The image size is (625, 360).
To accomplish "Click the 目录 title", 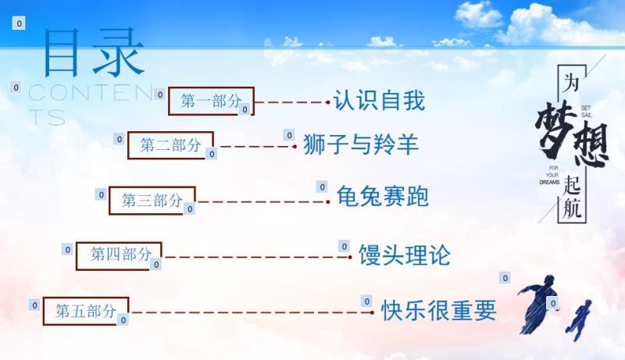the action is pyautogui.click(x=94, y=52).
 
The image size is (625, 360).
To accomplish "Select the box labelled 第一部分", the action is pyautogui.click(x=211, y=102).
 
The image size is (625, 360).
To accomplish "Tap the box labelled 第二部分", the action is pyautogui.click(x=170, y=145).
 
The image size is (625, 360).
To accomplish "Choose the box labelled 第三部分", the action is pyautogui.click(x=152, y=201).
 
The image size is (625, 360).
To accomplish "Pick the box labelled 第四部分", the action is pyautogui.click(x=120, y=255).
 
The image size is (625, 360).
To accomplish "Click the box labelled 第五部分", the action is pyautogui.click(x=86, y=311).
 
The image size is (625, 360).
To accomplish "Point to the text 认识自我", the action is pyautogui.click(x=379, y=100).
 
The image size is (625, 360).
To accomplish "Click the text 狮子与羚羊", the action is pyautogui.click(x=361, y=144).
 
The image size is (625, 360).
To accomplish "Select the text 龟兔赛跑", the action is pyautogui.click(x=383, y=196).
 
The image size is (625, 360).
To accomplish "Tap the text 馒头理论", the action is pyautogui.click(x=405, y=255).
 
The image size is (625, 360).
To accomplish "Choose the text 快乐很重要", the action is pyautogui.click(x=439, y=310).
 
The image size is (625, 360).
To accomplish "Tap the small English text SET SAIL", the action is pyautogui.click(x=587, y=112).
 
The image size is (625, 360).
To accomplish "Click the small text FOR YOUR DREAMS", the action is pyautogui.click(x=551, y=175).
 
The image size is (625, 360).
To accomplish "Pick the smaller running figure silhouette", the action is pyautogui.click(x=580, y=319).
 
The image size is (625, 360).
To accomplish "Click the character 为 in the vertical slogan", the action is pyautogui.click(x=570, y=83).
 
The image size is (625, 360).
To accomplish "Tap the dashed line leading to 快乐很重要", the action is pyautogui.click(x=252, y=312).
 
